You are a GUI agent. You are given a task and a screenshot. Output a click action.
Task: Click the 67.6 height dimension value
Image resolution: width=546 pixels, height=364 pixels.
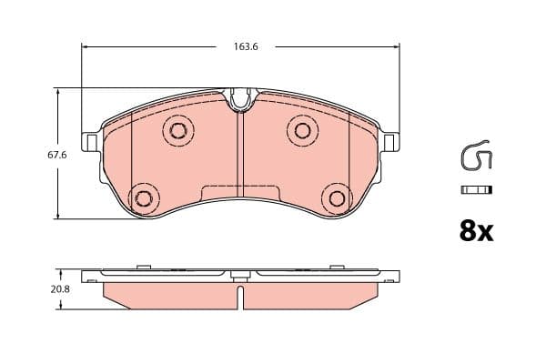57,155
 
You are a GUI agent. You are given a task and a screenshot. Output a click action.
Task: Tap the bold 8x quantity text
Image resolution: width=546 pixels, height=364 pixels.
475,231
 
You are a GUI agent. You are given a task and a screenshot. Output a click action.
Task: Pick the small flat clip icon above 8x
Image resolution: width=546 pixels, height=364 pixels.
476,190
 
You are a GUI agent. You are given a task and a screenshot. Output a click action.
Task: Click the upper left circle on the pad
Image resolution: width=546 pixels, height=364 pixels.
177,130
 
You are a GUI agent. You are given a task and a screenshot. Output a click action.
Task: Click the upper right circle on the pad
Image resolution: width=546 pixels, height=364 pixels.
302,130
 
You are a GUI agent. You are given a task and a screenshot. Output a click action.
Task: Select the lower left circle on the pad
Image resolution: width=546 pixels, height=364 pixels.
143,197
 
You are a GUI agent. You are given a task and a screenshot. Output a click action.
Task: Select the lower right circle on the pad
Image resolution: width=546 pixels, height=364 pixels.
338,197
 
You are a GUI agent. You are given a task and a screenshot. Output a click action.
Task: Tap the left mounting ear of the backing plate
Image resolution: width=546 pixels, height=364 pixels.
91,143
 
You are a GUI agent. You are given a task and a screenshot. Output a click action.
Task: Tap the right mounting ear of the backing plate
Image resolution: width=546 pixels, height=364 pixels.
390,143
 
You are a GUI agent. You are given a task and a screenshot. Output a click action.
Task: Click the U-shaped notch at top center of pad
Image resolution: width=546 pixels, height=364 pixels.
240,99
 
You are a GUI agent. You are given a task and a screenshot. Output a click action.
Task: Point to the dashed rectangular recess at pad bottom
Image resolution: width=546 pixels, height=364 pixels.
240,192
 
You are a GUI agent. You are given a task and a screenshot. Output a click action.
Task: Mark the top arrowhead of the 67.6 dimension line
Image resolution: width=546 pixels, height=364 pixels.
58,92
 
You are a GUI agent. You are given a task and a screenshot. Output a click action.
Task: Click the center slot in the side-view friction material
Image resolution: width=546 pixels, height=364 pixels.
240,297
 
